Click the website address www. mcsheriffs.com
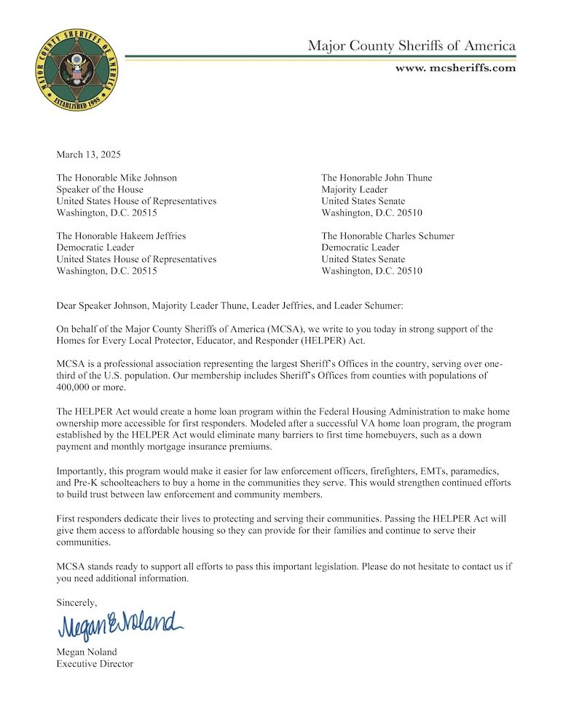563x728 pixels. (x=455, y=68)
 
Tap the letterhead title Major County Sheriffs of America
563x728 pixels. (x=412, y=47)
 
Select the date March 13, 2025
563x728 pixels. (x=88, y=154)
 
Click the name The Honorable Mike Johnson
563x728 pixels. (x=117, y=178)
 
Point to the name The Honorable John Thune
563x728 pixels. (x=377, y=178)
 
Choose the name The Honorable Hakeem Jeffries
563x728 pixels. (x=121, y=236)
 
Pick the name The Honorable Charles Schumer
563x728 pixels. (x=387, y=236)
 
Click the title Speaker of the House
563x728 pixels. (x=100, y=189)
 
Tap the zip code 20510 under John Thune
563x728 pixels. (x=407, y=213)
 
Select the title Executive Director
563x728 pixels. (x=95, y=664)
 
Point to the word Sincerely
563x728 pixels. (x=76, y=602)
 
